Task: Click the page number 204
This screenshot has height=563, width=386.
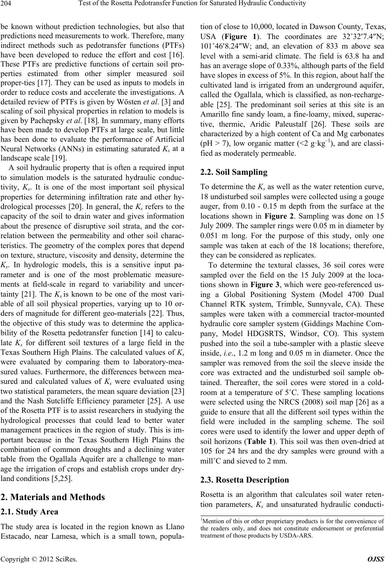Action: (8, 5)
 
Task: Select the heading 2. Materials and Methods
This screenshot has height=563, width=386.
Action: (53, 497)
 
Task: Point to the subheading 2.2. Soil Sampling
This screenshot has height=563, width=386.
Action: (234, 172)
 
